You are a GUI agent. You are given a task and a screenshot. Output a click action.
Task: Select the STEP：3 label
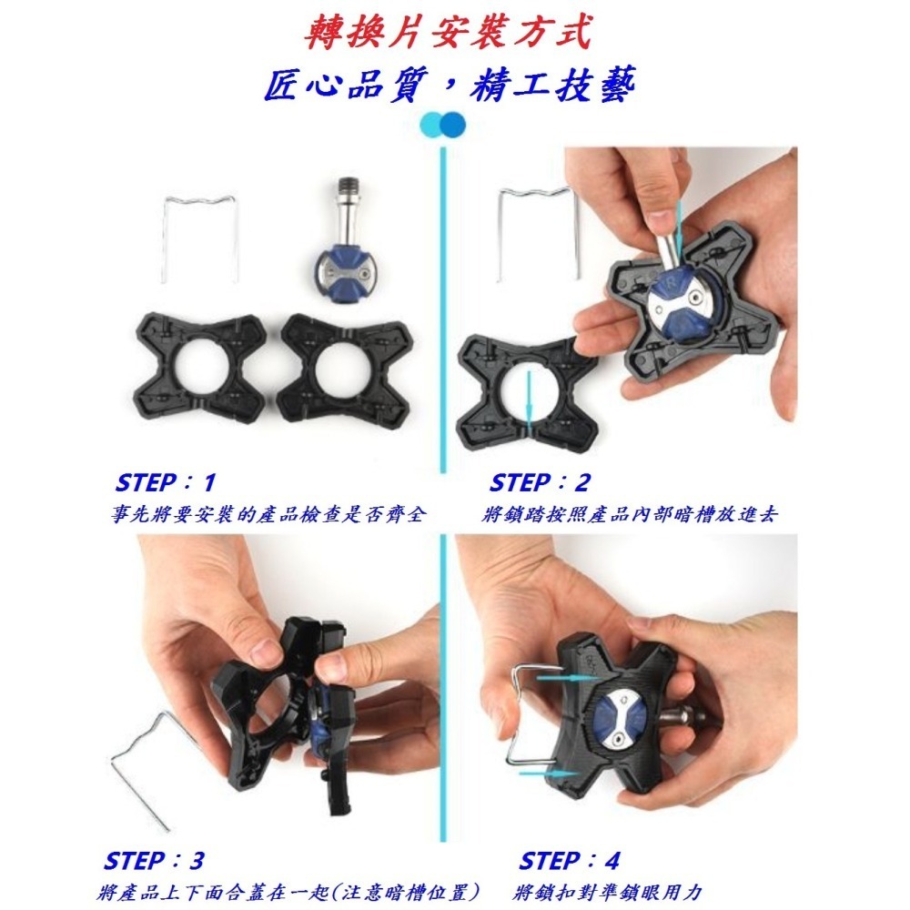155,860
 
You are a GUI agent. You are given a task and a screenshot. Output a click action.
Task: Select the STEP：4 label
569,860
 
